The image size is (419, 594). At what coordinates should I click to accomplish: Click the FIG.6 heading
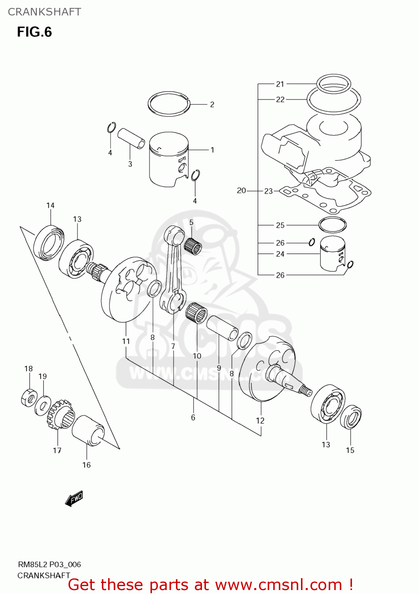(34, 32)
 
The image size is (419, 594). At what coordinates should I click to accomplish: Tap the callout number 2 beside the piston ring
(212, 105)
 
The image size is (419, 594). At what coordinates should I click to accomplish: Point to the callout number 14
(50, 206)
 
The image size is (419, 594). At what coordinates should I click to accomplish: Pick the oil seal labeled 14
(49, 243)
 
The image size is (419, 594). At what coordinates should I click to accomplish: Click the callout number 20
(241, 191)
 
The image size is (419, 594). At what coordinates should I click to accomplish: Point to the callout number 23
(269, 191)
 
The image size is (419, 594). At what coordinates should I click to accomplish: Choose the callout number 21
(280, 84)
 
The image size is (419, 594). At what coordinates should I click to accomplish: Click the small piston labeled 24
(332, 254)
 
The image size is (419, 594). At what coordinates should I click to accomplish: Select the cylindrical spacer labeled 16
(88, 430)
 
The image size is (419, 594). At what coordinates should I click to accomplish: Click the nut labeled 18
(29, 398)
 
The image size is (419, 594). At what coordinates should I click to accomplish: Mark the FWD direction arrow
(74, 499)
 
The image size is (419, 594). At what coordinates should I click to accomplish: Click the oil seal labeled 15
(351, 417)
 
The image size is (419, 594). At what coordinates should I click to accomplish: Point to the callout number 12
(260, 421)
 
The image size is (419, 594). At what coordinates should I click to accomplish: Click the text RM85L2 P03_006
(50, 565)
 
